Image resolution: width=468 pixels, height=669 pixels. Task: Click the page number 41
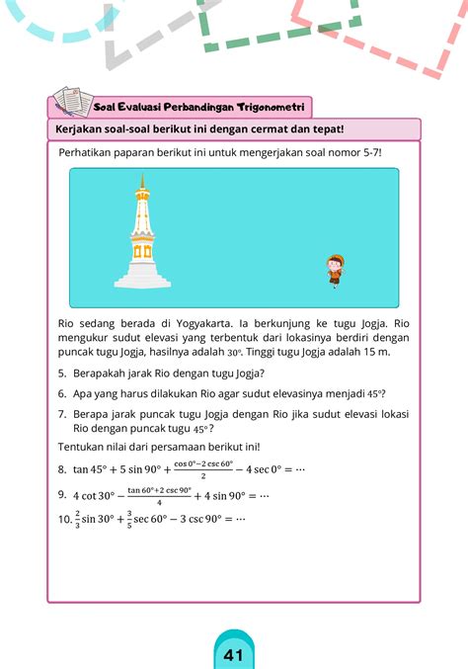234,655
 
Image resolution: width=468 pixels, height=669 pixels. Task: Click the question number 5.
62,373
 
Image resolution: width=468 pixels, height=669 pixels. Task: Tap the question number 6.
62,392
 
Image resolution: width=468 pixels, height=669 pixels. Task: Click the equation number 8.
62,468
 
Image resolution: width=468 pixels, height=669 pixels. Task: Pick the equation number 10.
65,517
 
